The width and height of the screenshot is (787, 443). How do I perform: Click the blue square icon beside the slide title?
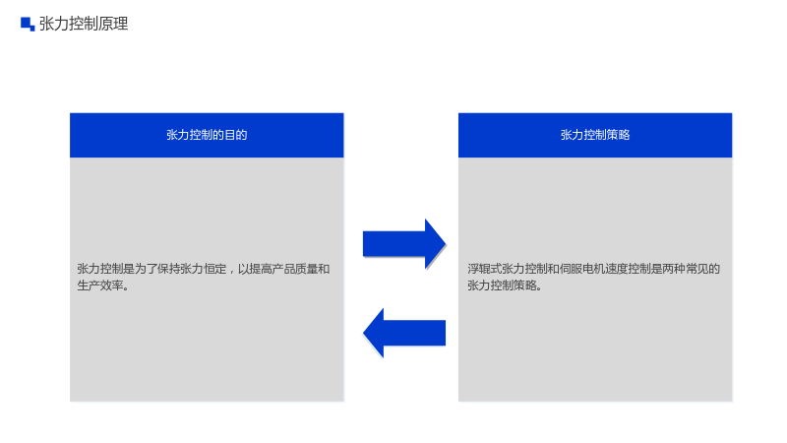[28, 24]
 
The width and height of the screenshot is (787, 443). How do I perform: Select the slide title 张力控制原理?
[84, 24]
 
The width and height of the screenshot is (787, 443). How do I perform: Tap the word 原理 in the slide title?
[113, 24]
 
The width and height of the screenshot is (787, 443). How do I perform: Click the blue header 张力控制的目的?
[207, 135]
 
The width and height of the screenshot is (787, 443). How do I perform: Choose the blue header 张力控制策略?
[595, 135]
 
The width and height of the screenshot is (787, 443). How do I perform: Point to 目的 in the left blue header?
[236, 135]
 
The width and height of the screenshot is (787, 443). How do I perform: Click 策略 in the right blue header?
[619, 135]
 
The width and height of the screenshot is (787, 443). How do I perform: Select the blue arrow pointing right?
[404, 244]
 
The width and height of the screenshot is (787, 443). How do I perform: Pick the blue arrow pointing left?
[404, 333]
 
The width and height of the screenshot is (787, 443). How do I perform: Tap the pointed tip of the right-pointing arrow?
[446, 244]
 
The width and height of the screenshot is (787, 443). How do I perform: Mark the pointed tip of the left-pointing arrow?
[363, 333]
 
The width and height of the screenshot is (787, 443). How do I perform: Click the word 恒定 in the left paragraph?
[214, 269]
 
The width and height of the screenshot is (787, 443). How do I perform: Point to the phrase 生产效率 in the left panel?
[100, 285]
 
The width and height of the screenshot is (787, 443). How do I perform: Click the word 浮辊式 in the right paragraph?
[484, 269]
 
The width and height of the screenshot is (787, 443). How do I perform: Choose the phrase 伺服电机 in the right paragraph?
[582, 269]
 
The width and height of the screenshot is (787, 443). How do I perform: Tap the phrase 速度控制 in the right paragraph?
[629, 269]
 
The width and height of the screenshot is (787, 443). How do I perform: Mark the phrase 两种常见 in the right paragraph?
[686, 269]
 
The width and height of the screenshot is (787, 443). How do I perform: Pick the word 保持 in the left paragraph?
[168, 269]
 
